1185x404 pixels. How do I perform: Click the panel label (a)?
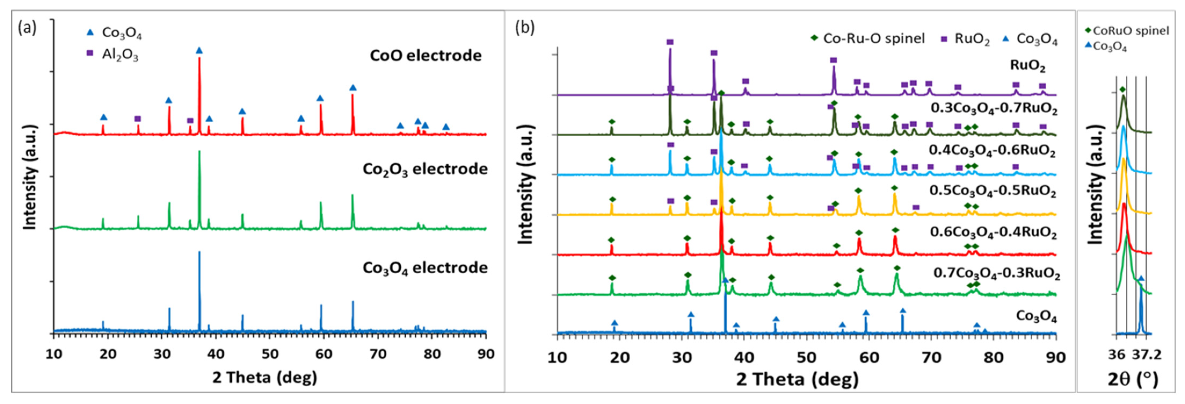26,28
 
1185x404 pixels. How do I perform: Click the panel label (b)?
525,28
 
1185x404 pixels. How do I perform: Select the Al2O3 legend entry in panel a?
113,55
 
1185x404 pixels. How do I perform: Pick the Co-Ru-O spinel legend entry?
867,39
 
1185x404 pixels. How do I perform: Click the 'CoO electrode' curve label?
426,56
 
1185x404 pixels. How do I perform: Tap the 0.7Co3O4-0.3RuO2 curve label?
996,273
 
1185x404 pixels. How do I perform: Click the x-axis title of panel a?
264,377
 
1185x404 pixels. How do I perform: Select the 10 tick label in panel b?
558,357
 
